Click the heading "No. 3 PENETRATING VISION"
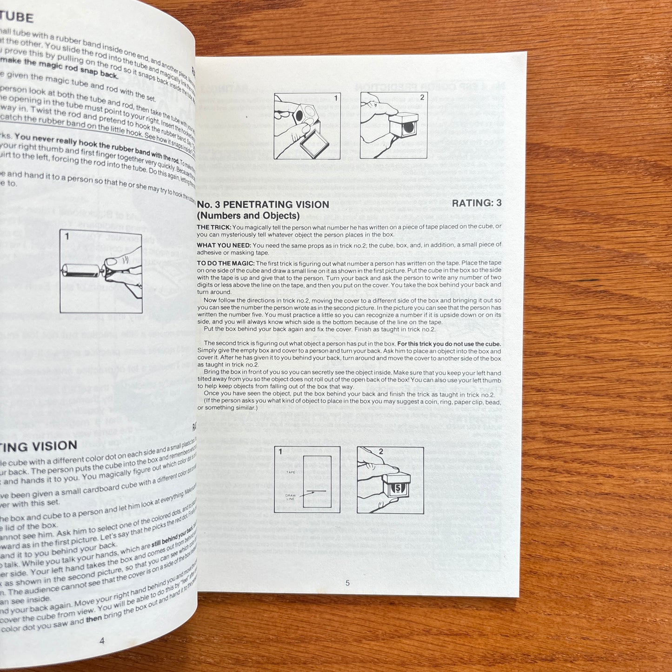(x=263, y=205)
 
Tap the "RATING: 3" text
(x=477, y=203)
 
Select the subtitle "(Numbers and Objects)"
(x=248, y=216)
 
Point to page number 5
(x=347, y=583)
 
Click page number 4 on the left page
(x=102, y=640)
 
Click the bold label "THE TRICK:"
(x=213, y=227)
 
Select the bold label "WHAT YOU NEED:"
(x=224, y=245)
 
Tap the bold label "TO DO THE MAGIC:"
(x=226, y=263)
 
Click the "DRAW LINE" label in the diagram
(x=291, y=497)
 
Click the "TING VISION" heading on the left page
(x=38, y=446)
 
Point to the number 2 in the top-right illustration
(x=422, y=98)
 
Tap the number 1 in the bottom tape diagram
(x=280, y=451)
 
